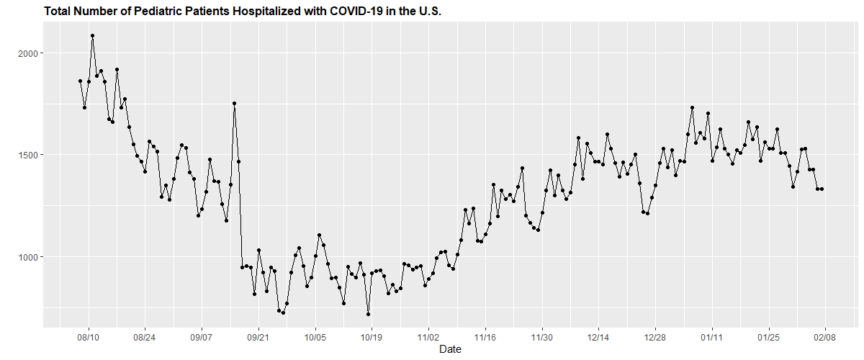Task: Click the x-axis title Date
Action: (x=450, y=349)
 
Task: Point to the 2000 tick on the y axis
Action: (x=34, y=53)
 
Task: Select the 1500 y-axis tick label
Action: (x=34, y=155)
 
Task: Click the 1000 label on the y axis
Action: (x=34, y=257)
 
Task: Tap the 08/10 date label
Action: (x=89, y=336)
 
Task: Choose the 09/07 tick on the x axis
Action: (x=202, y=336)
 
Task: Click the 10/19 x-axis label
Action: (x=372, y=336)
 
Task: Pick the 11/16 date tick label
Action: (x=485, y=336)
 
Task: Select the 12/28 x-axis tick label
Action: (x=654, y=336)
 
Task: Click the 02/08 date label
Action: (x=824, y=336)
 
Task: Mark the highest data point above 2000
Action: (x=92, y=35)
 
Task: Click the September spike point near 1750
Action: (x=234, y=103)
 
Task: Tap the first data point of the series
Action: (x=80, y=81)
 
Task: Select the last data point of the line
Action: (x=822, y=189)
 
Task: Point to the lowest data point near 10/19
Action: (x=368, y=314)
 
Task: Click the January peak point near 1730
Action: (x=692, y=107)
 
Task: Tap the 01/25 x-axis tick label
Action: (x=768, y=336)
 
